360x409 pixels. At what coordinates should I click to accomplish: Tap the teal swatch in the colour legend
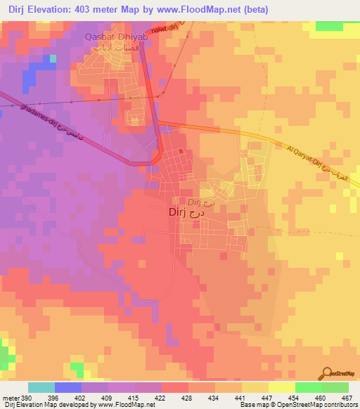click(41, 387)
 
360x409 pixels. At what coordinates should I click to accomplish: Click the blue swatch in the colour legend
click(67, 387)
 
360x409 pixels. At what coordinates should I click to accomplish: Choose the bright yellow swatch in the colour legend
click(281, 387)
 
